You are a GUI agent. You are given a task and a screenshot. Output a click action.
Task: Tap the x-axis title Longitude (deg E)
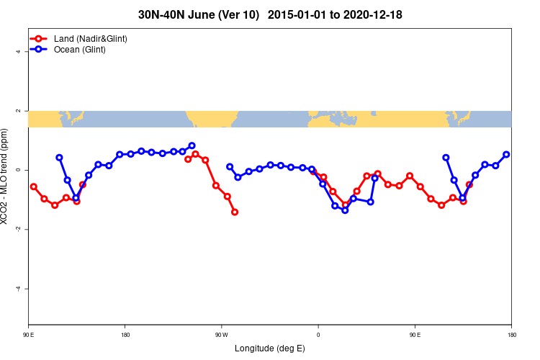coord(270,348)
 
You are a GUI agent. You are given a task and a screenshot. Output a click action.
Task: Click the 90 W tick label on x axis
coord(222,334)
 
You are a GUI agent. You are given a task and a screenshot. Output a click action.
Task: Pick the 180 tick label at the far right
coord(511,334)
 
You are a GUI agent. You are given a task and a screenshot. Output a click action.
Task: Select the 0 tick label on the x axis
coord(318,334)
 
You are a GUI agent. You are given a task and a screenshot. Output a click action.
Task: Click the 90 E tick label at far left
coord(29,334)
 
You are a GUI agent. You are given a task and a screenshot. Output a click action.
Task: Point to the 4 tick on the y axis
coord(17,52)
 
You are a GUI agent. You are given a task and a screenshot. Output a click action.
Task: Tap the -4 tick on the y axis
coord(16,289)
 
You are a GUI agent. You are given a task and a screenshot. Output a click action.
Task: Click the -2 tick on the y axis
coord(16,230)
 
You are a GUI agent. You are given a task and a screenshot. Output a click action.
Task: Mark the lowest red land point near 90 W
coord(235,212)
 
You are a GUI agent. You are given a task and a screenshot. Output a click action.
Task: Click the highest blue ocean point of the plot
coord(192,145)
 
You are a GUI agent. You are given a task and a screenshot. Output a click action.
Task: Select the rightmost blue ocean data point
coord(506,154)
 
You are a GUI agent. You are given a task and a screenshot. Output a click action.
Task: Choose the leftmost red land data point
coord(33,186)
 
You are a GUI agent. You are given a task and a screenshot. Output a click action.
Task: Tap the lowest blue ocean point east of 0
coord(345,210)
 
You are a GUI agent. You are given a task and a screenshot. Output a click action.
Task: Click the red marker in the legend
coord(40,38)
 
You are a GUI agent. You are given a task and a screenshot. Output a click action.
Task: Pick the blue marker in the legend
coord(40,49)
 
